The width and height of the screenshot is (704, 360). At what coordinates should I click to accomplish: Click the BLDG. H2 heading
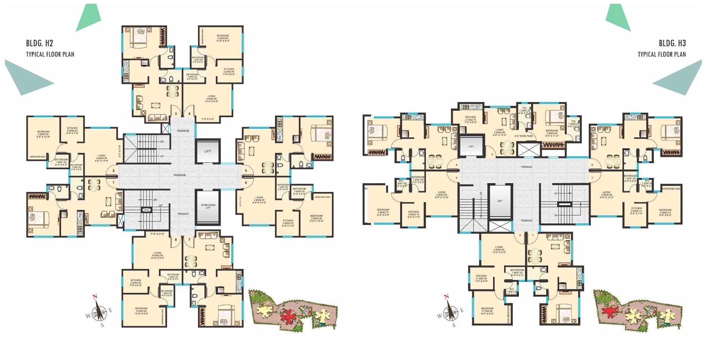point(39,43)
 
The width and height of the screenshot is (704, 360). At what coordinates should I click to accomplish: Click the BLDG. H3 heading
point(672,43)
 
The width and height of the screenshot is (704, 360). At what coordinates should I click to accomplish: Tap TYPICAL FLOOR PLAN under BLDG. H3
point(662,54)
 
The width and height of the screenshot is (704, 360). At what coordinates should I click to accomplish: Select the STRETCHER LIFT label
point(208,206)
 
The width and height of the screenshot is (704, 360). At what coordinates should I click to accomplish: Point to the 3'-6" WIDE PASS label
point(523,136)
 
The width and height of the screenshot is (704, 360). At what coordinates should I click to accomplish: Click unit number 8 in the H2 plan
point(176,240)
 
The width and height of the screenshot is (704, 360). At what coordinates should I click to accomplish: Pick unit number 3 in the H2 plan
point(176,114)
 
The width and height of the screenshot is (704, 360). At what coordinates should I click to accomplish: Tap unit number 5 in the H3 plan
point(492,154)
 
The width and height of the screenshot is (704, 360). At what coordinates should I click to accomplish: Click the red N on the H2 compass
point(96,297)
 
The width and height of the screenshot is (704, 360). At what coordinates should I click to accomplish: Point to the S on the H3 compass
point(454,325)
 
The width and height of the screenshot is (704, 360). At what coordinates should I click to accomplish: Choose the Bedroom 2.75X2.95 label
point(487,311)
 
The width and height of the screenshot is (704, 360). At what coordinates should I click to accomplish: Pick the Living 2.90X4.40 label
point(499,132)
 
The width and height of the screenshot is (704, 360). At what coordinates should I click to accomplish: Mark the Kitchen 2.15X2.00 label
point(481,278)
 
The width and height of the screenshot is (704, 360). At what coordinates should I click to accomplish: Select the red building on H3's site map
point(609,311)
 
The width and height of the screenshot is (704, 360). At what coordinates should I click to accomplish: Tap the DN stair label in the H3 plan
point(556,215)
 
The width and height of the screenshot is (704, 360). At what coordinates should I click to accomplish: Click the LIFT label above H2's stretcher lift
point(207,151)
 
